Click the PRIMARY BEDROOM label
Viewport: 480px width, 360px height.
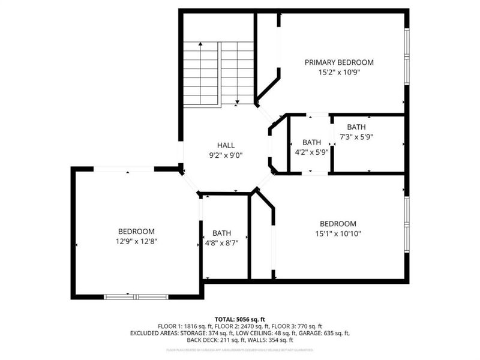pyautogui.click(x=339, y=62)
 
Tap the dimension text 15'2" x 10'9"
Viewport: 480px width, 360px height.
pyautogui.click(x=339, y=72)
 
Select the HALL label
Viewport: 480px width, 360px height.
pyautogui.click(x=226, y=145)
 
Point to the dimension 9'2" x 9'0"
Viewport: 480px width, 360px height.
pyautogui.click(x=226, y=154)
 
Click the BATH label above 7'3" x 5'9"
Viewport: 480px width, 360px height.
pyautogui.click(x=356, y=127)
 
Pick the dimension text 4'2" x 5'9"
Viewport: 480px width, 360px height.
pyautogui.click(x=311, y=152)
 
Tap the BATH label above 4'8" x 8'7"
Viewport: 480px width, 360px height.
pyautogui.click(x=221, y=233)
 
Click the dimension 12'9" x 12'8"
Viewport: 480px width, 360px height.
pyautogui.click(x=136, y=241)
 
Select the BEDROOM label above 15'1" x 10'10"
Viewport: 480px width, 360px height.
pyautogui.click(x=338, y=224)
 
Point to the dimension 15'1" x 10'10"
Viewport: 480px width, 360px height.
pyautogui.click(x=338, y=233)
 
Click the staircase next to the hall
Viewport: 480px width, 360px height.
pyautogui.click(x=218, y=73)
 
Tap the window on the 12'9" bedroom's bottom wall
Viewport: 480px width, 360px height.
pyautogui.click(x=136, y=296)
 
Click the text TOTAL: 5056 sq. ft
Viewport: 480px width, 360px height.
pyautogui.click(x=240, y=319)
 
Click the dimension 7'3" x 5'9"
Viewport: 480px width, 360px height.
pyautogui.click(x=356, y=137)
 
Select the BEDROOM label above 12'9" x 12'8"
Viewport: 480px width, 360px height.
pyautogui.click(x=136, y=232)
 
